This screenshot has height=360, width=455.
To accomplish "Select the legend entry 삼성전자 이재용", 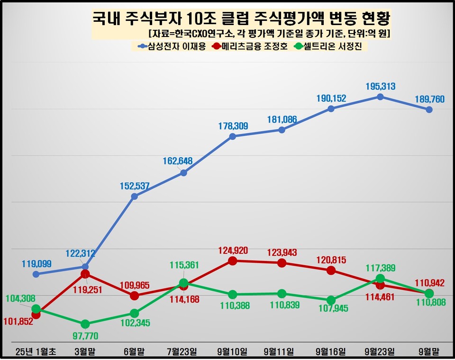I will (172, 46).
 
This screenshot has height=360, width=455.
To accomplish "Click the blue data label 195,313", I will (380, 86).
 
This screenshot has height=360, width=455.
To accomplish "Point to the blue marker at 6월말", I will (134, 196).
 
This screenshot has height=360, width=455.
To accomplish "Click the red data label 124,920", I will (232, 250).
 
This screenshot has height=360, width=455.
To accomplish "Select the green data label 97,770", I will (85, 335).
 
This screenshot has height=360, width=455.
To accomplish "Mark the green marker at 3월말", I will (85, 324).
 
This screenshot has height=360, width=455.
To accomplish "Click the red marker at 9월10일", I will (232, 261).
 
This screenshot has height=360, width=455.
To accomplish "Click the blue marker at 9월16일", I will (331, 108).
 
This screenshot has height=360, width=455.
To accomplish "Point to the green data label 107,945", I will (331, 311).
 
